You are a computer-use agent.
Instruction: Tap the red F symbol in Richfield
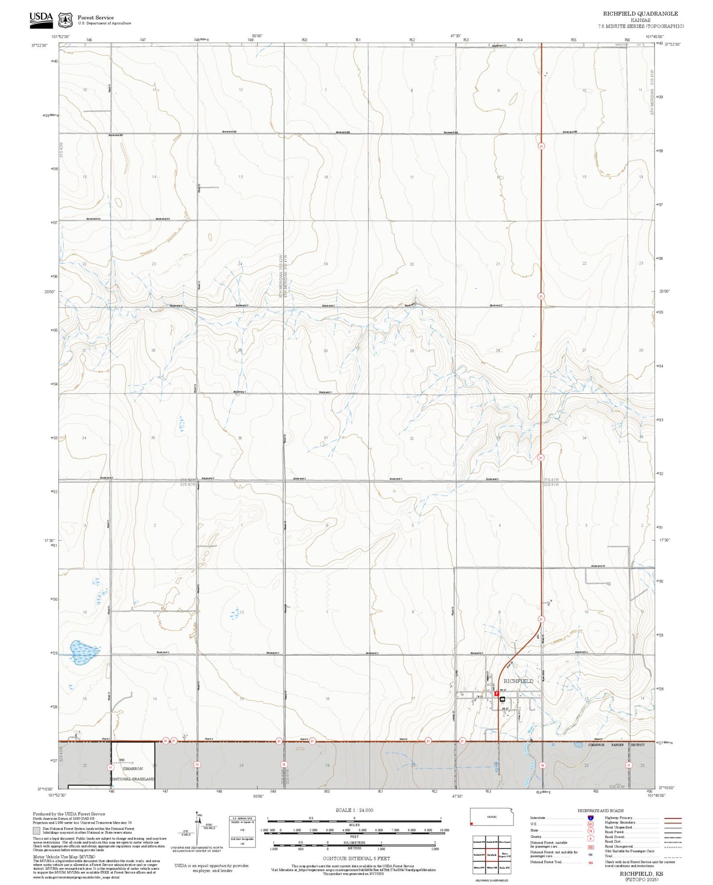tap(497, 694)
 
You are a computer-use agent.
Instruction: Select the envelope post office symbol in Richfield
tap(502, 699)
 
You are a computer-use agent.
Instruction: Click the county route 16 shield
tap(542, 765)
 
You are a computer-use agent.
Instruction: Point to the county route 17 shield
tap(628, 765)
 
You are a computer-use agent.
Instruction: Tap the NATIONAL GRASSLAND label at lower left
tap(133, 779)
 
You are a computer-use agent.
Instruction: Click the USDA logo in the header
tap(41, 20)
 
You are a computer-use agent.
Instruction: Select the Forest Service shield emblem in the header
tap(65, 20)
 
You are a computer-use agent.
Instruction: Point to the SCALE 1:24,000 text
tap(354, 810)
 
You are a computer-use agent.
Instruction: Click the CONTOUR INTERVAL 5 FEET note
tap(356, 858)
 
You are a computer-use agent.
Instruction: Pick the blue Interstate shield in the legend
tap(590, 818)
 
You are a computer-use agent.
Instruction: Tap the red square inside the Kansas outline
tap(472, 824)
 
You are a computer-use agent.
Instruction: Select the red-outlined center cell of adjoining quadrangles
tap(491, 855)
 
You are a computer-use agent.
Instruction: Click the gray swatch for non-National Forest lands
tap(37, 831)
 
